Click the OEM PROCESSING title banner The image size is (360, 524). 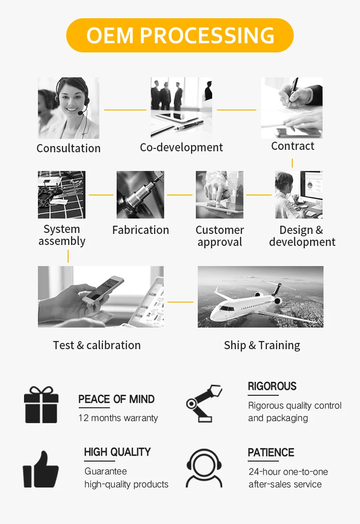(180, 36)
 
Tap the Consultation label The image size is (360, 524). (69, 148)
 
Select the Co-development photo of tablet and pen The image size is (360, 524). (181, 108)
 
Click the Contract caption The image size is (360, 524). (293, 146)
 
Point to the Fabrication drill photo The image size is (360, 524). (140, 195)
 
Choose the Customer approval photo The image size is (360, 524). (219, 195)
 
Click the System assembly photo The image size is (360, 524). (61, 195)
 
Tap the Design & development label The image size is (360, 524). (302, 236)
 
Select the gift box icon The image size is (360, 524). (41, 405)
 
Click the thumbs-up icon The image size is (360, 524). (41, 469)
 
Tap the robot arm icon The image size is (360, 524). (204, 402)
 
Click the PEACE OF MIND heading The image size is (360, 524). (116, 399)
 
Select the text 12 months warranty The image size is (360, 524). (118, 418)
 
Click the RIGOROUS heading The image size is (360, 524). (272, 386)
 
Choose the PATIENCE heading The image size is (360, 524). (271, 452)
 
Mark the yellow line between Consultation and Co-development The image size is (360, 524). (125, 110)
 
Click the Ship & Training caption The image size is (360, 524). (262, 345)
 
